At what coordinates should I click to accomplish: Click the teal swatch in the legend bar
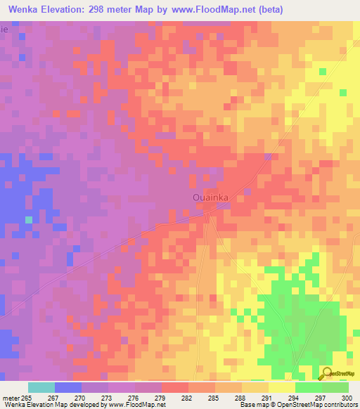coord(41,387)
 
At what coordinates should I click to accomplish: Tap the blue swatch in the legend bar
coord(68,387)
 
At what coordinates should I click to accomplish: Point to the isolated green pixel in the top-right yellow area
coord(322,72)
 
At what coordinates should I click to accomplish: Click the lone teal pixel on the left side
coord(29,220)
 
